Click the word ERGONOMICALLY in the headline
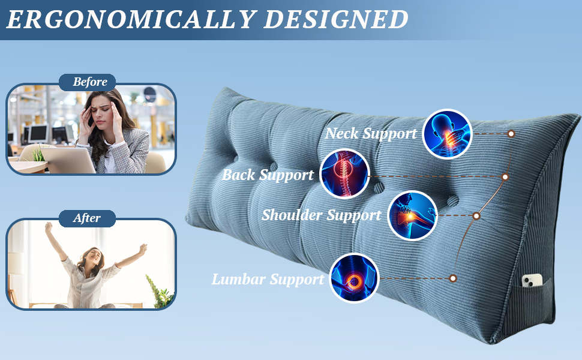coord(131,19)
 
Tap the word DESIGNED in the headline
coord(336,19)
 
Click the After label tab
coord(87,218)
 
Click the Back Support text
coord(268,175)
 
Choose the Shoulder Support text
coord(322,215)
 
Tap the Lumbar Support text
coord(268,279)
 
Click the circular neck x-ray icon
coord(447,134)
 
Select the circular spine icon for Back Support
coord(344,173)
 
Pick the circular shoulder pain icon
coord(412,215)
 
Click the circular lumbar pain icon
coord(355,278)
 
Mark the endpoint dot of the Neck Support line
coord(511,134)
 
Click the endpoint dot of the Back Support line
coord(505,177)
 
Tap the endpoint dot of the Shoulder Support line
coord(476,215)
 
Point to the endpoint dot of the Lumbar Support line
coord(453,278)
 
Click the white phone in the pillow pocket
coord(532,281)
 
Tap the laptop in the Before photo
coord(68,160)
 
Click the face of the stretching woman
coord(92,256)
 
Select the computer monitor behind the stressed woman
coord(39,134)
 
